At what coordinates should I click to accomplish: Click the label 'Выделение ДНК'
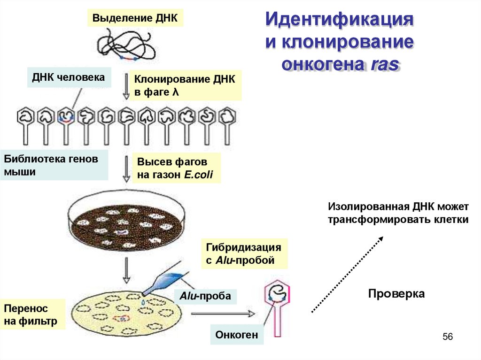point(135,18)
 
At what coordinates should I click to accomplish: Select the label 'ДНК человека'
point(69,77)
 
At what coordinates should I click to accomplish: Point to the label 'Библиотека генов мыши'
point(54,165)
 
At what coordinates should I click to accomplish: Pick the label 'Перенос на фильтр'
point(31,315)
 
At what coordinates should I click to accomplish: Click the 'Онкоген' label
point(237,335)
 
